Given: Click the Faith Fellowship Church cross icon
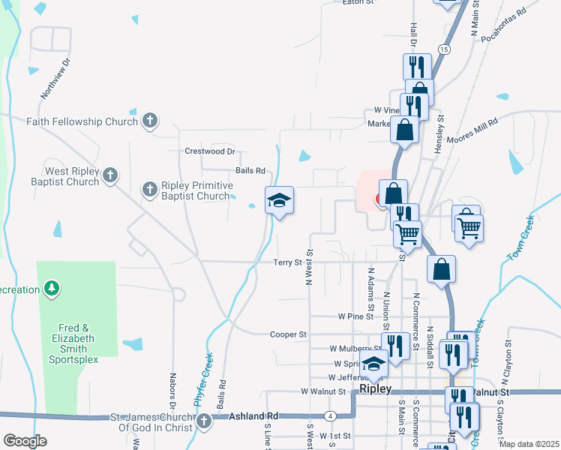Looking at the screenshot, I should (150, 121).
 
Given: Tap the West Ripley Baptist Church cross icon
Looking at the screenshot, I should (110, 175).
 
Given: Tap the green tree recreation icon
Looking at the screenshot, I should (52, 289).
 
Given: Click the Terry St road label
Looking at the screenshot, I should (287, 262).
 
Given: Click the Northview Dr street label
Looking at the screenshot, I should (55, 79).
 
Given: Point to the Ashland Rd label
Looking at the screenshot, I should (253, 416).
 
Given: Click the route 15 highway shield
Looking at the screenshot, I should (445, 49).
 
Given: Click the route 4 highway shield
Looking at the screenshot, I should (330, 415).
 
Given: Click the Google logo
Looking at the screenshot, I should (25, 441).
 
